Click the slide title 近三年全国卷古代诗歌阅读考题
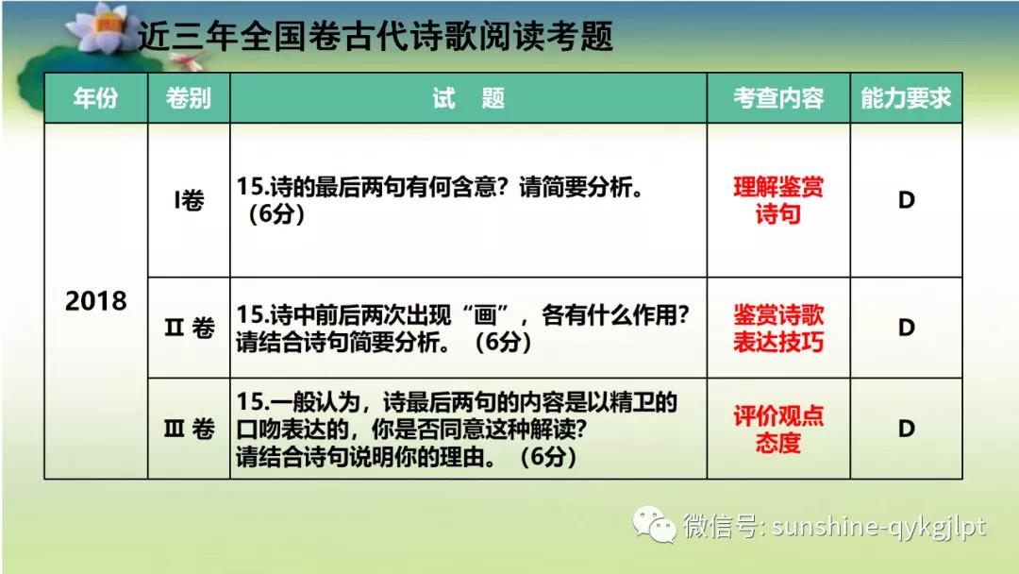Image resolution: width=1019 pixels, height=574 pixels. [376, 36]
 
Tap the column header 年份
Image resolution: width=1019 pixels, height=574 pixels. [95, 98]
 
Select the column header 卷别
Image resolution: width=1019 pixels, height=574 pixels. [189, 98]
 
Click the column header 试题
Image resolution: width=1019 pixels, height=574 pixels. [469, 98]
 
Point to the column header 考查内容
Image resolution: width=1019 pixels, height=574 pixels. [778, 98]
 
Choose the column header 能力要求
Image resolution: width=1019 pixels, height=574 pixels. [906, 98]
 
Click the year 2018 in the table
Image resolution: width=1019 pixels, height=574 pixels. [95, 301]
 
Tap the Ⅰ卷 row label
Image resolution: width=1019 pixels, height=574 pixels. [189, 200]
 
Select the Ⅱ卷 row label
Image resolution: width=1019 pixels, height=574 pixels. [189, 328]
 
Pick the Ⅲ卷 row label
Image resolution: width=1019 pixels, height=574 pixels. [189, 429]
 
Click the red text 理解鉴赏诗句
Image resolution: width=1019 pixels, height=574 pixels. [778, 200]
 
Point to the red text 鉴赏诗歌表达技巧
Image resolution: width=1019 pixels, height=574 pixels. [778, 329]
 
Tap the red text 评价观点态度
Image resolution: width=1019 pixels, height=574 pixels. [778, 429]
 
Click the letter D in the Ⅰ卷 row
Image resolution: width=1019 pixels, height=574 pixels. [907, 200]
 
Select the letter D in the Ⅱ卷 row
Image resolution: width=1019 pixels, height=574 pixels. [907, 328]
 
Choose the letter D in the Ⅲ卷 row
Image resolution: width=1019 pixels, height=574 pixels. [907, 429]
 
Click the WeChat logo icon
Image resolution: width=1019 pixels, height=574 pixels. [654, 524]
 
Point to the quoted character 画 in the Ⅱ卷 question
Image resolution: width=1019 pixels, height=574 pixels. [486, 315]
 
